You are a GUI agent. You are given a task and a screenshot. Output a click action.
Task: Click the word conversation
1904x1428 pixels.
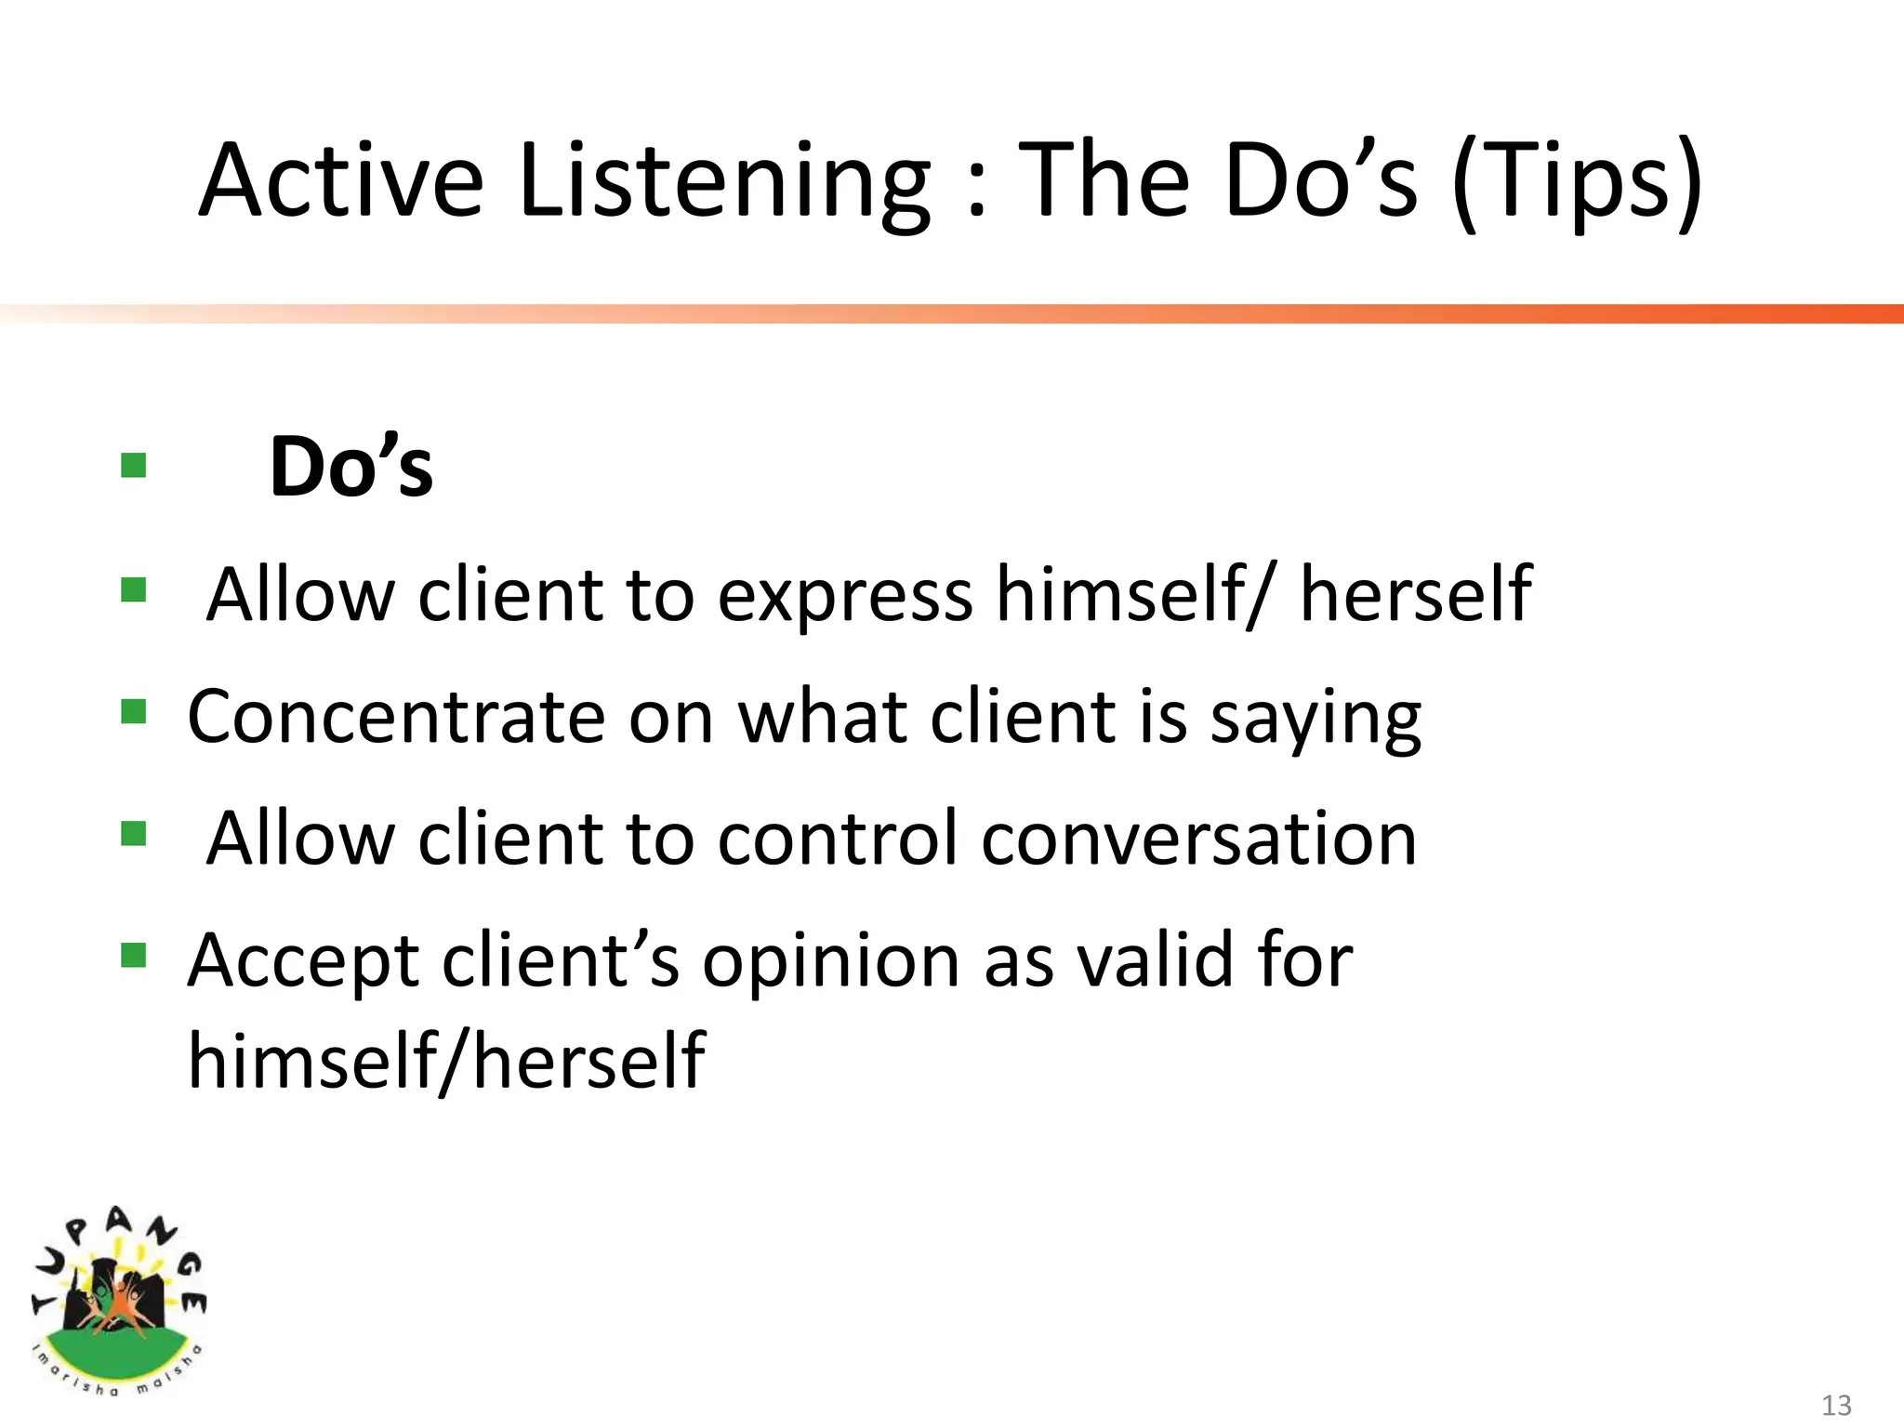(x=1199, y=839)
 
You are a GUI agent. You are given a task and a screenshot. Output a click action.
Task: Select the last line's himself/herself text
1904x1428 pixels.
(x=446, y=1060)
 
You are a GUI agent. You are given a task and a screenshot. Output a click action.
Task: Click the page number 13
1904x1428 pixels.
(x=1836, y=1405)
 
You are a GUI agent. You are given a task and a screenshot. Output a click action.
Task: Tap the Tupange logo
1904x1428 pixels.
(x=118, y=1302)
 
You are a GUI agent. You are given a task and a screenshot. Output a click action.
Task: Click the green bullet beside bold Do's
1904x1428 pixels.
(x=134, y=465)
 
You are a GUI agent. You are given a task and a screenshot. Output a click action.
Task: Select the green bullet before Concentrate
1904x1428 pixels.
(x=134, y=712)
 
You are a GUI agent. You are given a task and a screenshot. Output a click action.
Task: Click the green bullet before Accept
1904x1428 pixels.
(x=134, y=955)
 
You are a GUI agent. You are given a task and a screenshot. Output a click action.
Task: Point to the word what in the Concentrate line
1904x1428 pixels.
(x=822, y=717)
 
